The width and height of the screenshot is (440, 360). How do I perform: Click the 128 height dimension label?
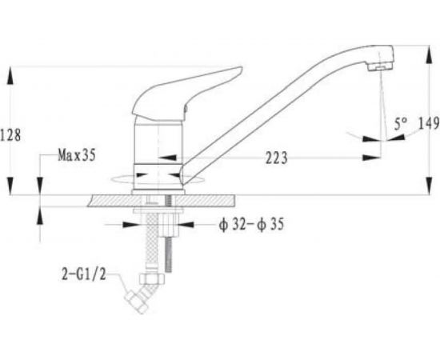[x=10, y=135]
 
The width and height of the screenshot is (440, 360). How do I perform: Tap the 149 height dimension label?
[x=429, y=123]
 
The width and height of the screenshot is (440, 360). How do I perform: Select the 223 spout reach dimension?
[x=277, y=158]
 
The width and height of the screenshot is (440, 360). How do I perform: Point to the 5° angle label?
[x=401, y=124]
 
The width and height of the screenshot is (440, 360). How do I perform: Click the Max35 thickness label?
[x=77, y=155]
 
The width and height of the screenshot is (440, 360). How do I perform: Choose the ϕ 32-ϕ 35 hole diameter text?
[x=251, y=225]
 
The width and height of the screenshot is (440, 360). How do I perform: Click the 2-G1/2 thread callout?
[x=84, y=274]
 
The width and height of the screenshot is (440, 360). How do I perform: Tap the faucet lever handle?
[x=186, y=94]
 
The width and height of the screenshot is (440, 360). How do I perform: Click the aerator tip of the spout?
[x=380, y=67]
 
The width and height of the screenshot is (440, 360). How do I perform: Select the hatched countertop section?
[x=161, y=201]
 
